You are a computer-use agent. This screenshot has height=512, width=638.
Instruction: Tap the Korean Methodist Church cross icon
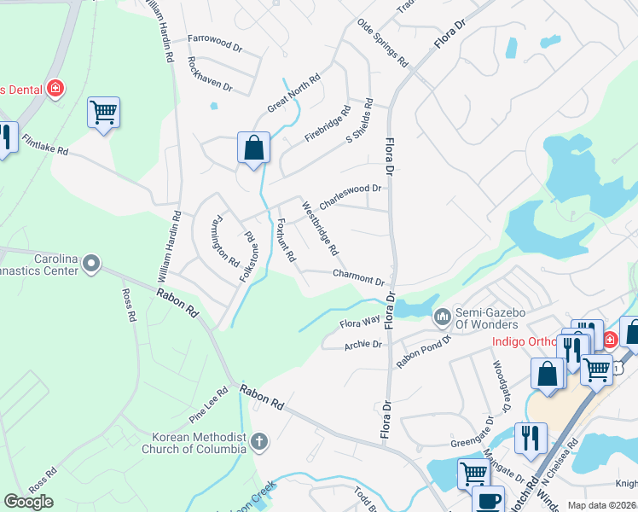pos(259,442)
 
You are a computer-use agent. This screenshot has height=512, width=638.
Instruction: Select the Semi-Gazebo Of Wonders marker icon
pos(442,317)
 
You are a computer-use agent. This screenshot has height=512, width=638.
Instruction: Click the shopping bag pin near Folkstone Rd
pos(253,148)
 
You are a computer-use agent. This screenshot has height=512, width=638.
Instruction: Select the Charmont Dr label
pos(359,277)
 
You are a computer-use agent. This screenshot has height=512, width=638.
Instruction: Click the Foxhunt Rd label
pos(286,241)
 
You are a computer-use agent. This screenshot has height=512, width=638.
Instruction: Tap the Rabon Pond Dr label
pos(423,349)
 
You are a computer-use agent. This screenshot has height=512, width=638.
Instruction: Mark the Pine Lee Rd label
pos(208,404)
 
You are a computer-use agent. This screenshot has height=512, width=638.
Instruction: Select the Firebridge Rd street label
pos(328,125)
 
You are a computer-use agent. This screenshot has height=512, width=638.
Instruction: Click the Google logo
pos(28,502)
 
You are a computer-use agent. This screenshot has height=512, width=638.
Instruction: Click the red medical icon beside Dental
pos(56,88)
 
